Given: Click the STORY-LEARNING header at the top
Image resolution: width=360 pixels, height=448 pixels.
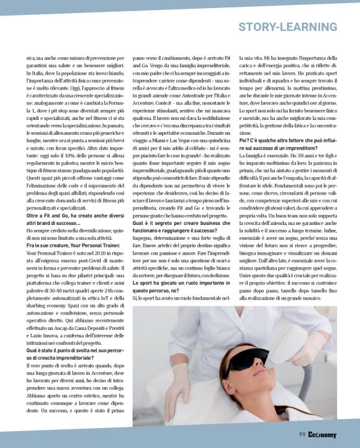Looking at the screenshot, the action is pos(287,27).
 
